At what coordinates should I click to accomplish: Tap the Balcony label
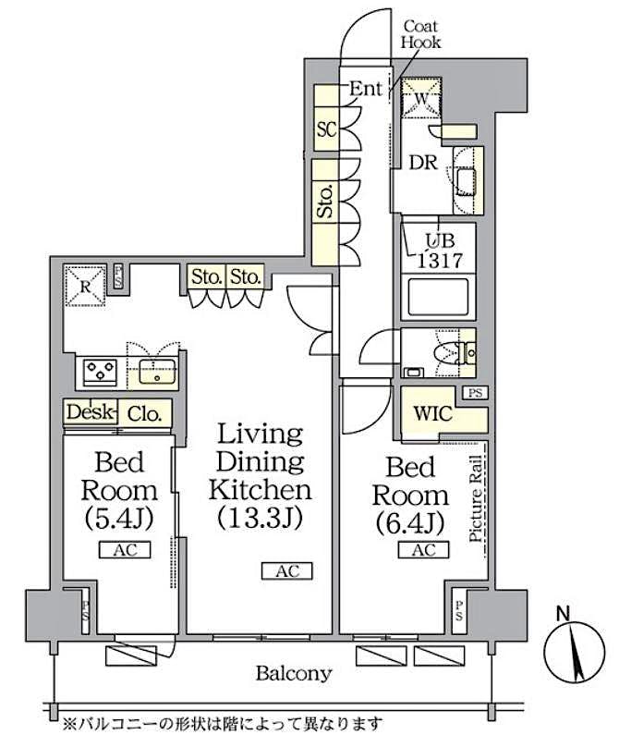[x=293, y=673]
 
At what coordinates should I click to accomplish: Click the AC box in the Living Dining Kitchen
[x=287, y=571]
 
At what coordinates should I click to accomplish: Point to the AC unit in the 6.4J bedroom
[x=423, y=550]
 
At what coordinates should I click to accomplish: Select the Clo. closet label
[x=144, y=414]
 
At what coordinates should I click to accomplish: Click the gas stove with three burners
[x=99, y=372]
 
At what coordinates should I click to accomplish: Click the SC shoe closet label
[x=325, y=129]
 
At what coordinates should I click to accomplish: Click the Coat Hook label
[x=420, y=35]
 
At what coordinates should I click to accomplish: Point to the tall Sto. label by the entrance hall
[x=325, y=205]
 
